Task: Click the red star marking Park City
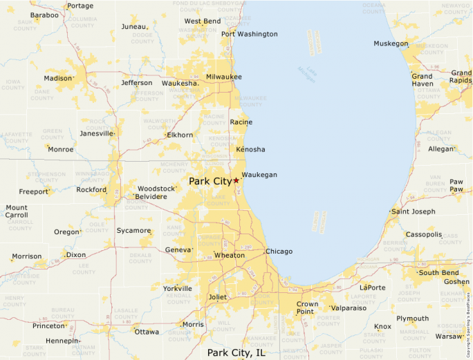236,180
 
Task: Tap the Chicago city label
279,251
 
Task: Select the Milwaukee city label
224,76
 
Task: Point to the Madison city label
58,78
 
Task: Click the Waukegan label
259,175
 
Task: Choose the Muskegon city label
391,44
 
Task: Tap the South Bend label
438,272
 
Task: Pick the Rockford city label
91,189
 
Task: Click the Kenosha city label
250,149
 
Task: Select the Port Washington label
250,34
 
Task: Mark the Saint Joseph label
414,211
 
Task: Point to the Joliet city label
217,297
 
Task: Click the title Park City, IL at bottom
236,352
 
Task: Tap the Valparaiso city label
349,307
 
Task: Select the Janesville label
96,133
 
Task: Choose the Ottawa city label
147,332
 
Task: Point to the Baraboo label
44,15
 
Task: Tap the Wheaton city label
230,255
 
